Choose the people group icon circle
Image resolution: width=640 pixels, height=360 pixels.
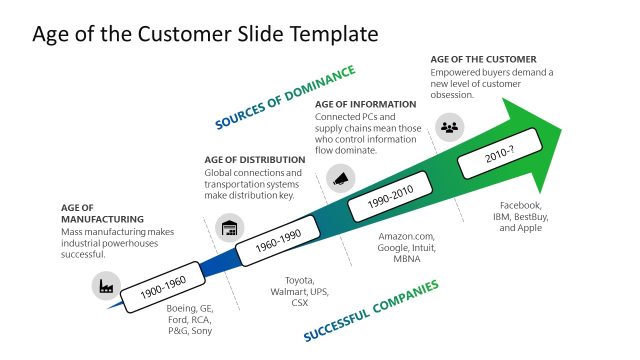[450, 126]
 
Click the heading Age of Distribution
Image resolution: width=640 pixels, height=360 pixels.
[255, 159]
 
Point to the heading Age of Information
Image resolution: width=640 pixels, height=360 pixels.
[365, 104]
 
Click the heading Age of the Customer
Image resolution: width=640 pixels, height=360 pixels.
[483, 60]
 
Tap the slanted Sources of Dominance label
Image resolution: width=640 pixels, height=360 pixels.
[285, 98]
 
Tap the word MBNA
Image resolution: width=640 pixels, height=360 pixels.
[406, 259]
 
